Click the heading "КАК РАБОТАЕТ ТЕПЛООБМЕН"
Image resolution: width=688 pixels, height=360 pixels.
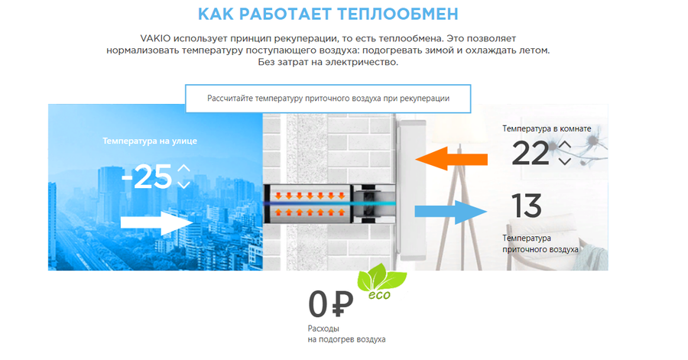(328, 14)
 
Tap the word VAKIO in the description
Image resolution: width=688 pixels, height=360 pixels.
(155, 38)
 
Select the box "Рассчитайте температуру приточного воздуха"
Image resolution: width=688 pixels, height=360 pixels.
(328, 99)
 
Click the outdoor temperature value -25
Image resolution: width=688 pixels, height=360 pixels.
(147, 177)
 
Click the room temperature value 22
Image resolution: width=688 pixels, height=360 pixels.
(531, 153)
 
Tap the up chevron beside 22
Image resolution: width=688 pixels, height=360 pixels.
(565, 144)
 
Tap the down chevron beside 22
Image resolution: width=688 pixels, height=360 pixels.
(565, 161)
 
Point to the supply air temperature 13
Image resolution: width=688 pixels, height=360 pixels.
(527, 206)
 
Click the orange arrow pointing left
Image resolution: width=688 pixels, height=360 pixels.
(451, 159)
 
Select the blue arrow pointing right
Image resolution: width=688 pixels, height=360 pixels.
(451, 212)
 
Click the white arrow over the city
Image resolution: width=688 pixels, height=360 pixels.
(157, 222)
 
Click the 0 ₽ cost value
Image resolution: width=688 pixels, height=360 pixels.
(331, 304)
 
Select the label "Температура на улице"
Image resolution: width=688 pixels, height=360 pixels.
(150, 141)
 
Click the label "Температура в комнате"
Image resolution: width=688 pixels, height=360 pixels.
(547, 128)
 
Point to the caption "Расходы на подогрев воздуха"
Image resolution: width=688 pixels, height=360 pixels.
(346, 334)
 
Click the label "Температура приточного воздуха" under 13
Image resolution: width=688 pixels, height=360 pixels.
(540, 244)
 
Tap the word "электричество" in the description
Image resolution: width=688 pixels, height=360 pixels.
(361, 62)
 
